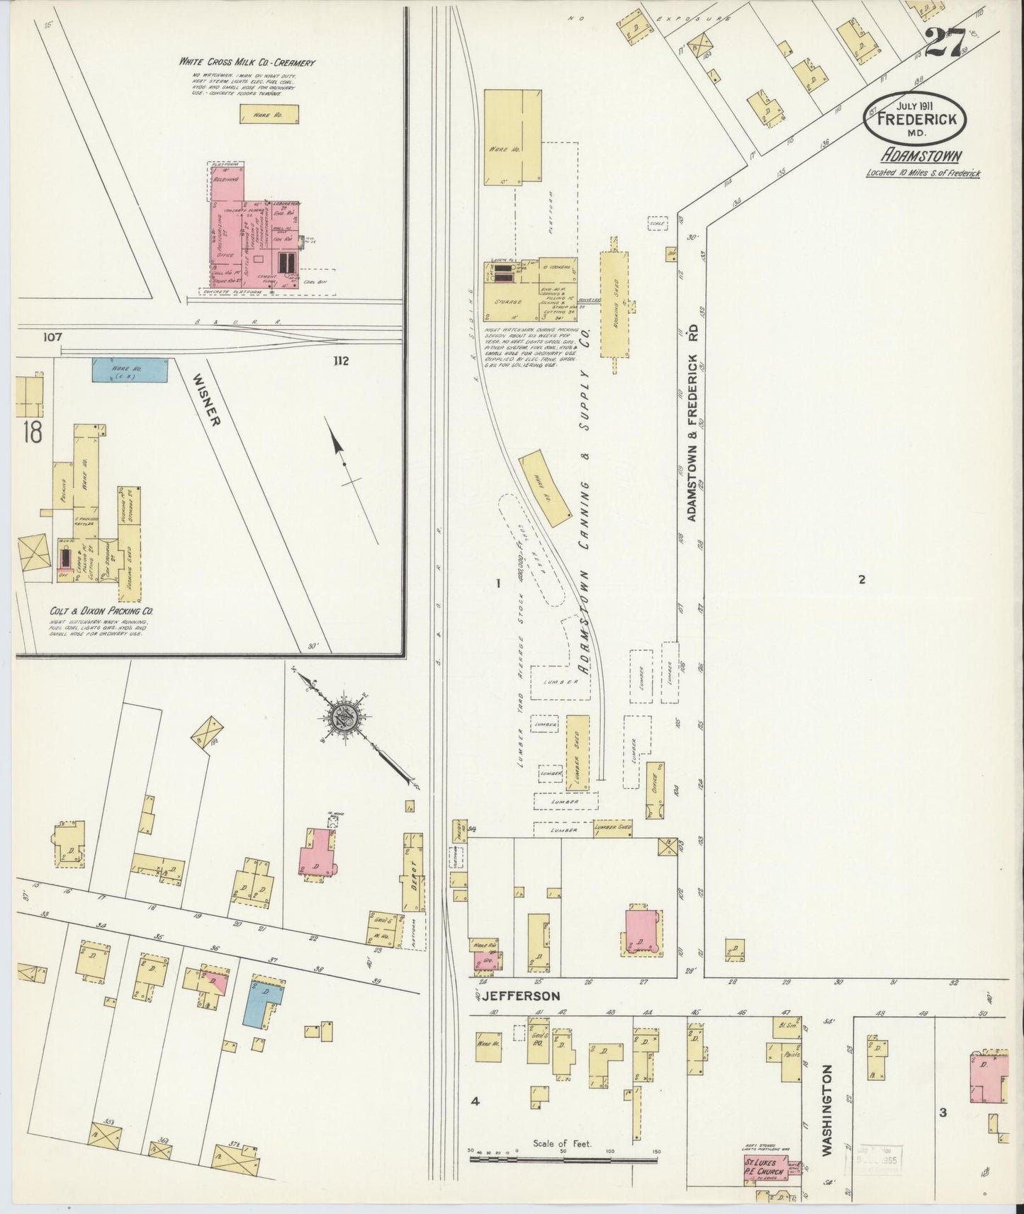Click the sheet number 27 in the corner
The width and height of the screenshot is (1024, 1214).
coord(946,42)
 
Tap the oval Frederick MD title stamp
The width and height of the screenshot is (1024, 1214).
coord(915,118)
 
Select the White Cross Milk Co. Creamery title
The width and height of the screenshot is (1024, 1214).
coord(247,62)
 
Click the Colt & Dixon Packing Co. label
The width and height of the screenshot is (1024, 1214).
coord(102,611)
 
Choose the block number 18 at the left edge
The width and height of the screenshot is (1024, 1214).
coord(33,431)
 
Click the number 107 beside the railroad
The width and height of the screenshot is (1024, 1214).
coord(52,337)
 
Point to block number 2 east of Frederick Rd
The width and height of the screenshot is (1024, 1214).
coord(862,580)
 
